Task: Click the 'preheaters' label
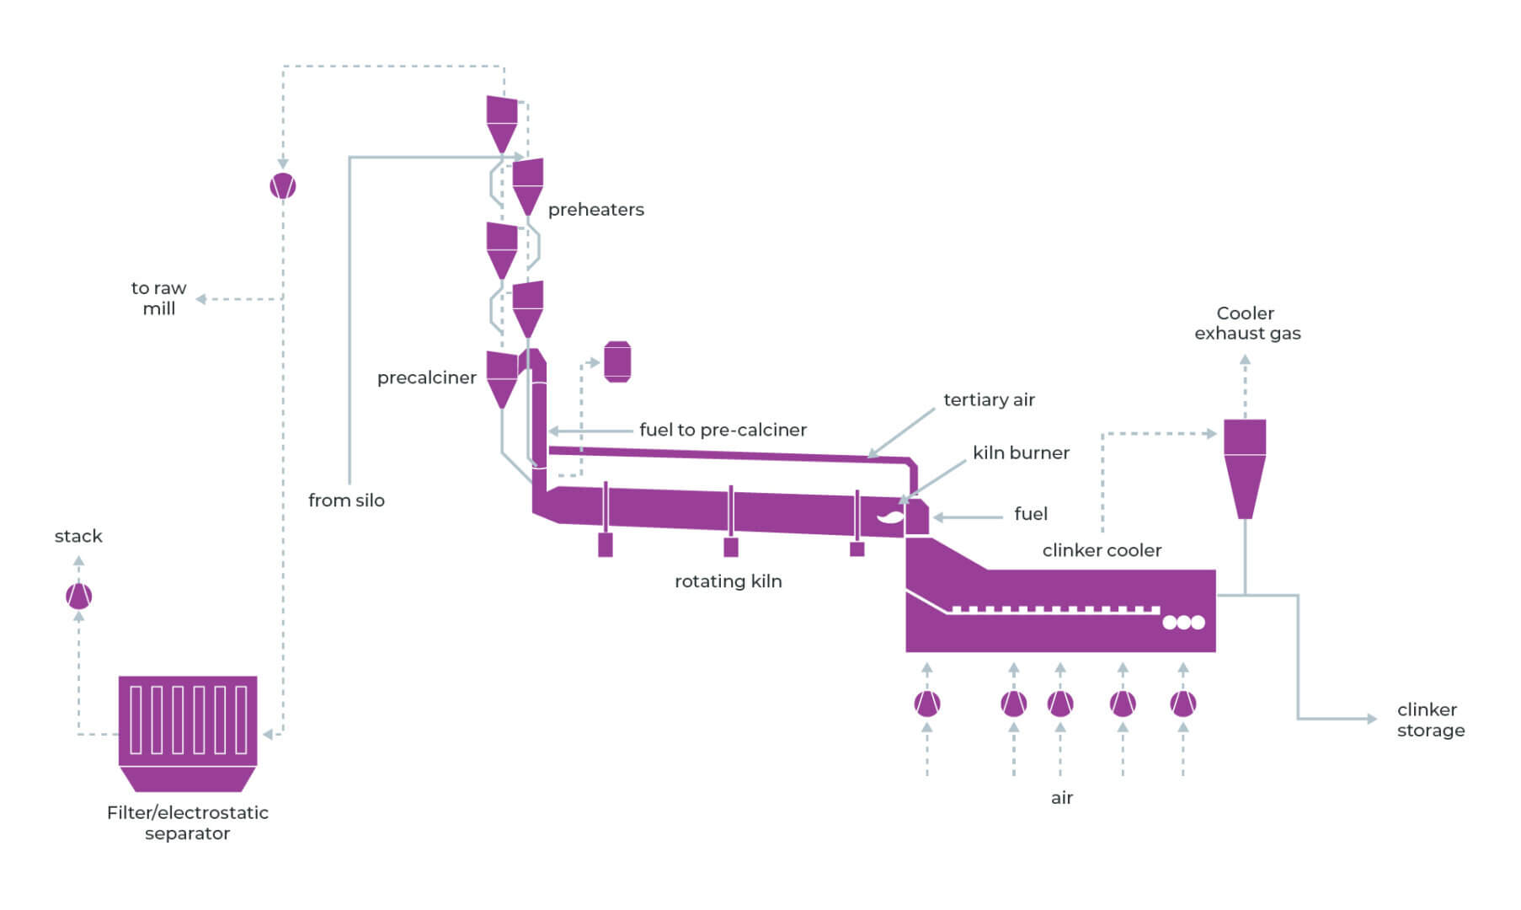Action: point(595,210)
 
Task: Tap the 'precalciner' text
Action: point(426,377)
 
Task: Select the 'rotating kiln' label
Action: point(728,581)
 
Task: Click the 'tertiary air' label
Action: point(989,399)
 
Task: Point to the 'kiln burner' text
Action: point(1021,452)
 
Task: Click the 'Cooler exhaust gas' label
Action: point(1246,324)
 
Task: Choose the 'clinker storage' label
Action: point(1430,720)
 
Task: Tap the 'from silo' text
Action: point(346,500)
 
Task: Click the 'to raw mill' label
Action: point(158,298)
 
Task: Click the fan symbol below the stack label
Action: point(78,597)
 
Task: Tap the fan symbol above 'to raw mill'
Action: point(283,186)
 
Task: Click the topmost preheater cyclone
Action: point(502,122)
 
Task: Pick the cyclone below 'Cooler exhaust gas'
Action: point(1245,466)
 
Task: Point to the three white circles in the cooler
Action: point(1183,623)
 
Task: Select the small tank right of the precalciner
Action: point(617,362)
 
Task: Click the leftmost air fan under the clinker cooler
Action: point(927,703)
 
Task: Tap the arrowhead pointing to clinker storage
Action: point(1371,719)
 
